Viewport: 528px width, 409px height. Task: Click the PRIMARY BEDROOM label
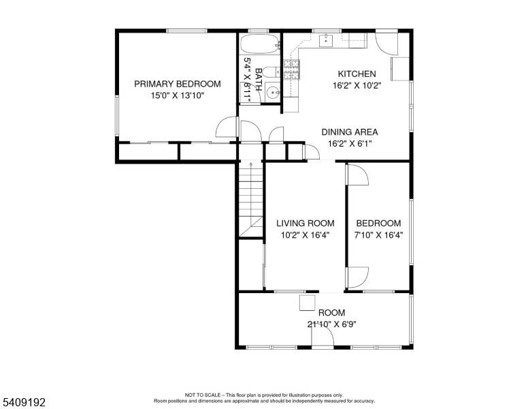pyautogui.click(x=177, y=84)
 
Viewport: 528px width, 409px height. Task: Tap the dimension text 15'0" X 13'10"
pyautogui.click(x=177, y=96)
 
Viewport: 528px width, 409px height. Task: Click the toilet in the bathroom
pyautogui.click(x=269, y=71)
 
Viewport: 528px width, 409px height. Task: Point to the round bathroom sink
pyautogui.click(x=271, y=92)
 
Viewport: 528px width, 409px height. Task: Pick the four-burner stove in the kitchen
pyautogui.click(x=292, y=69)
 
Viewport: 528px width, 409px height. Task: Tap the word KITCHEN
pyautogui.click(x=357, y=74)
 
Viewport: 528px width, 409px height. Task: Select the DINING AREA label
pyautogui.click(x=349, y=132)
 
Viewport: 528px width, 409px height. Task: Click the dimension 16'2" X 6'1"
pyautogui.click(x=349, y=144)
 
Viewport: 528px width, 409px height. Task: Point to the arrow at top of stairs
pyautogui.click(x=250, y=165)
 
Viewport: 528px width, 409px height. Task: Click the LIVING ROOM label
pyautogui.click(x=305, y=223)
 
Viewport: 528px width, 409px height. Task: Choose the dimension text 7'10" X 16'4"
pyautogui.click(x=378, y=235)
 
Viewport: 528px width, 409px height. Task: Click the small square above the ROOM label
pyautogui.click(x=308, y=303)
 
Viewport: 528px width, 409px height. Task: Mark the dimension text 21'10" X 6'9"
pyautogui.click(x=332, y=324)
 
